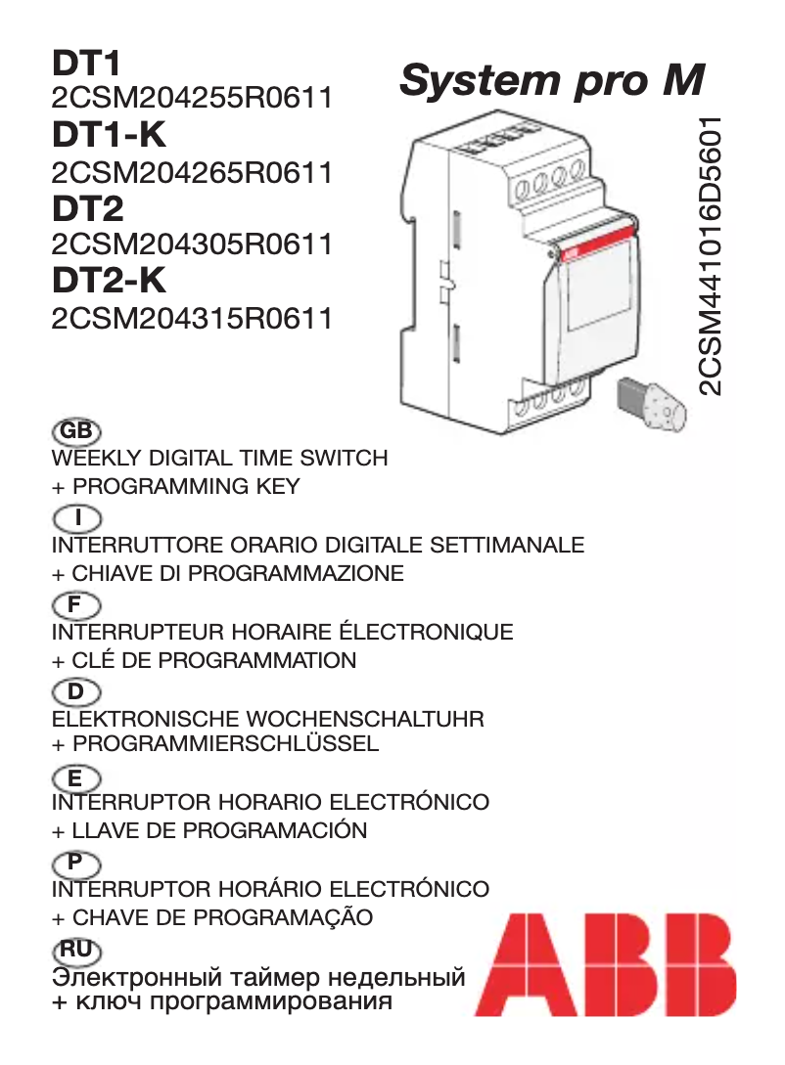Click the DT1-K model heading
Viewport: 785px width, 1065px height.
pos(110,137)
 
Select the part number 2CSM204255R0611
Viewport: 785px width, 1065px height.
pos(192,99)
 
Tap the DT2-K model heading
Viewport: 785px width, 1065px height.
pos(110,281)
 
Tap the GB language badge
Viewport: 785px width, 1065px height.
pos(75,430)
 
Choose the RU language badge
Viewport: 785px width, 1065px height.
pos(75,949)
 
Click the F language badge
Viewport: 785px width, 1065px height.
pos(75,603)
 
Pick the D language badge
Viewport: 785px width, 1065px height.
pos(75,691)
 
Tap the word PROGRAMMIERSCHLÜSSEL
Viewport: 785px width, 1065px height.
pos(226,744)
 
